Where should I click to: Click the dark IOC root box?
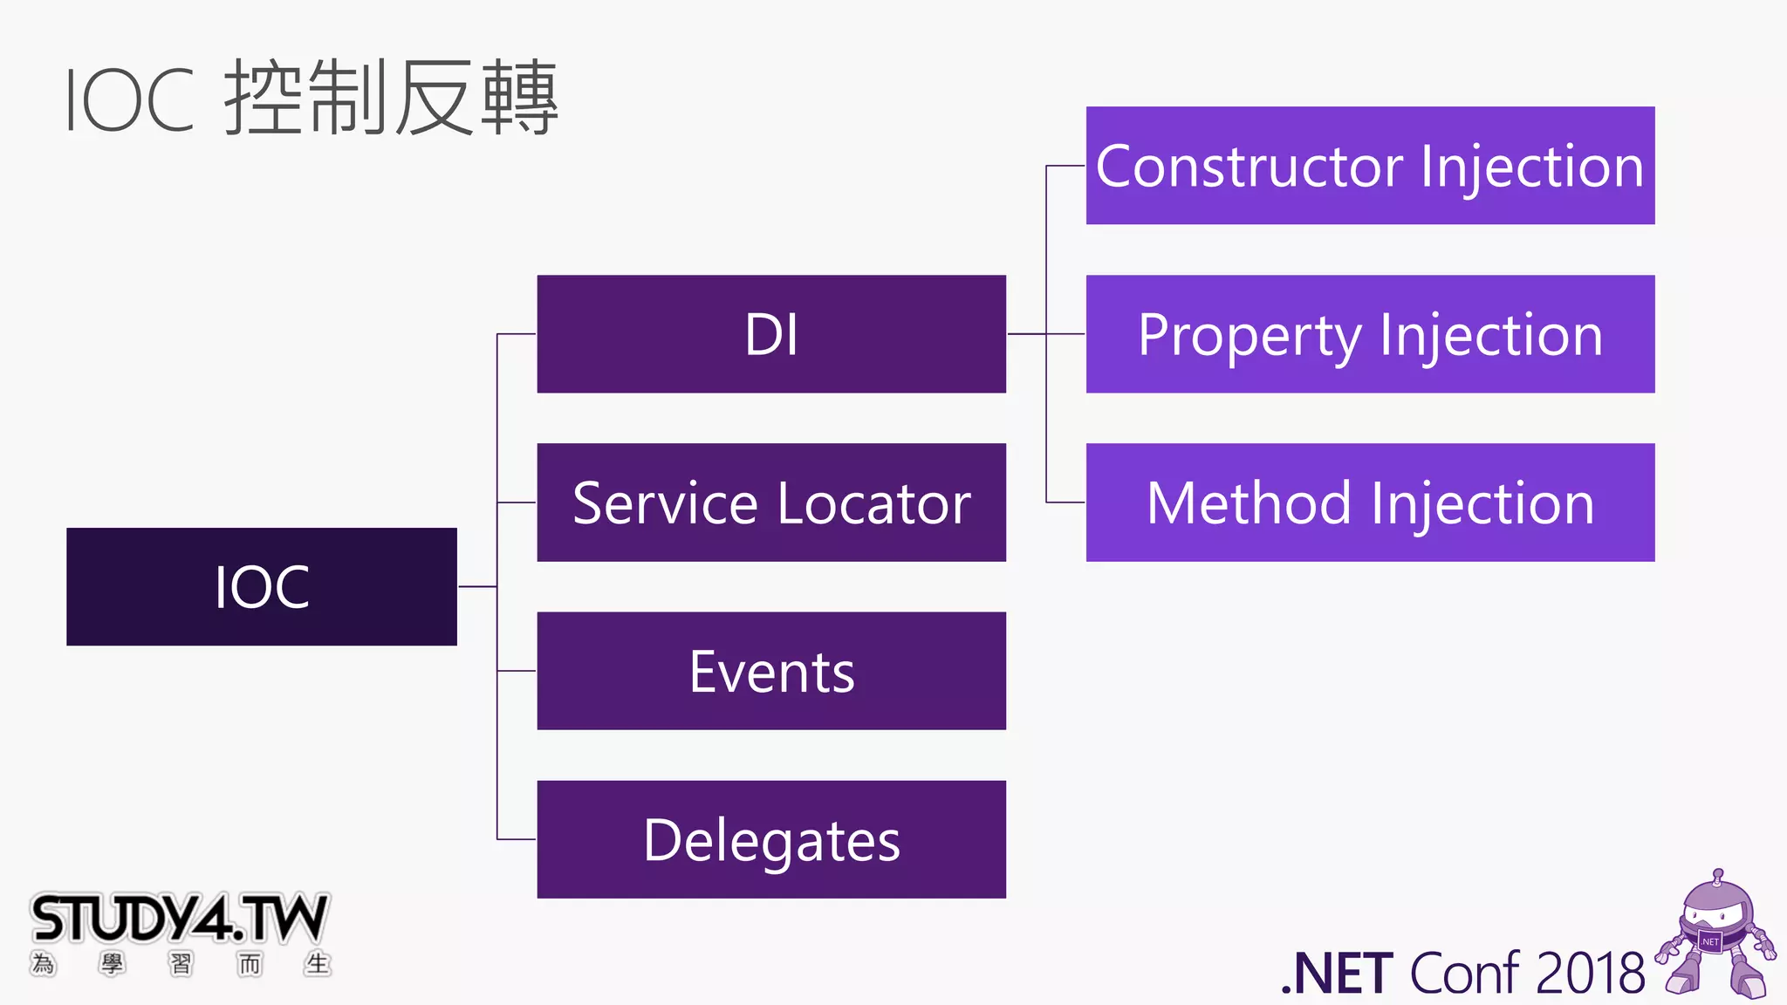point(261,586)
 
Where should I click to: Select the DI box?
point(771,334)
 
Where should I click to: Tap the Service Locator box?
point(771,502)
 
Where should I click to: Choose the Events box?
point(771,671)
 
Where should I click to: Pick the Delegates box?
point(771,839)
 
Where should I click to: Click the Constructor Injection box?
point(1370,166)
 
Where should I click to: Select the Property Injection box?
point(1370,334)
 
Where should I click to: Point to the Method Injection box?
point(1370,502)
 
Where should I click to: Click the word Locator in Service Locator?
point(873,504)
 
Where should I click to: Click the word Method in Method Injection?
point(1249,504)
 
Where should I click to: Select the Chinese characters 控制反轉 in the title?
point(391,99)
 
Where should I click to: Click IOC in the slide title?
point(129,101)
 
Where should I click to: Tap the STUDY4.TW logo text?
point(179,919)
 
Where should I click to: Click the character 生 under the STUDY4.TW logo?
point(317,964)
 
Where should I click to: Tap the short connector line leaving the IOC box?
point(476,586)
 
